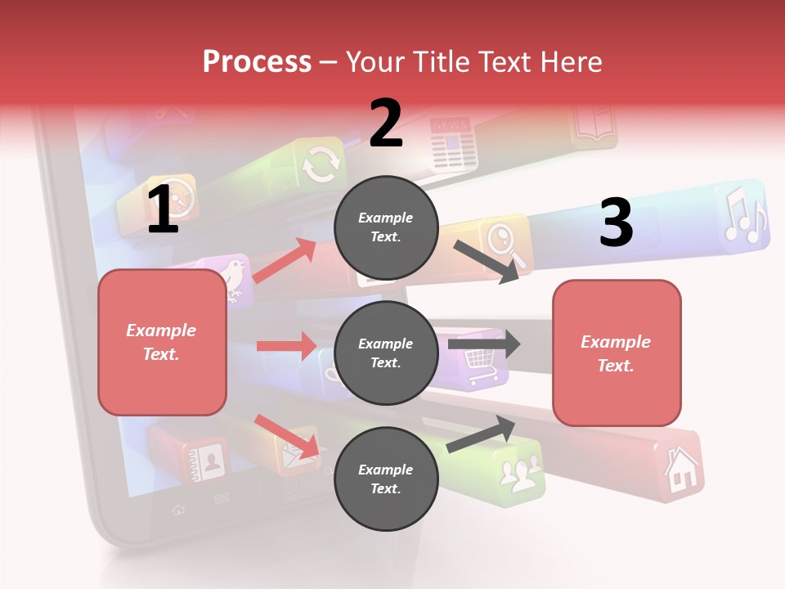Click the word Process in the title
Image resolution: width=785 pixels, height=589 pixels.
(x=257, y=61)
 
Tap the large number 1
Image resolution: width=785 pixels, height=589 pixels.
(x=163, y=210)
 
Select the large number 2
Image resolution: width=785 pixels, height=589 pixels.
(x=386, y=124)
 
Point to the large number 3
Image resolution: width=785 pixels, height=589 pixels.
(x=616, y=223)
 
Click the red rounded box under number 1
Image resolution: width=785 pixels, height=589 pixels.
(x=162, y=342)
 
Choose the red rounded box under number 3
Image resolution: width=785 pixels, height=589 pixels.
(x=617, y=353)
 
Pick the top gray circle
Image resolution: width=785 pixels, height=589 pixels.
(x=386, y=227)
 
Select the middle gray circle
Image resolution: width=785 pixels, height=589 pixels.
(x=386, y=353)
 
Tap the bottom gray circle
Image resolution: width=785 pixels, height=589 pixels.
(x=386, y=479)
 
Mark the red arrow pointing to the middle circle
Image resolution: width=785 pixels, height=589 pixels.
(x=286, y=346)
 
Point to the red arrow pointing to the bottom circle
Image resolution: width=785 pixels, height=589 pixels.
(x=287, y=436)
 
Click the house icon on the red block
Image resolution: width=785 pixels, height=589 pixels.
(x=681, y=470)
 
